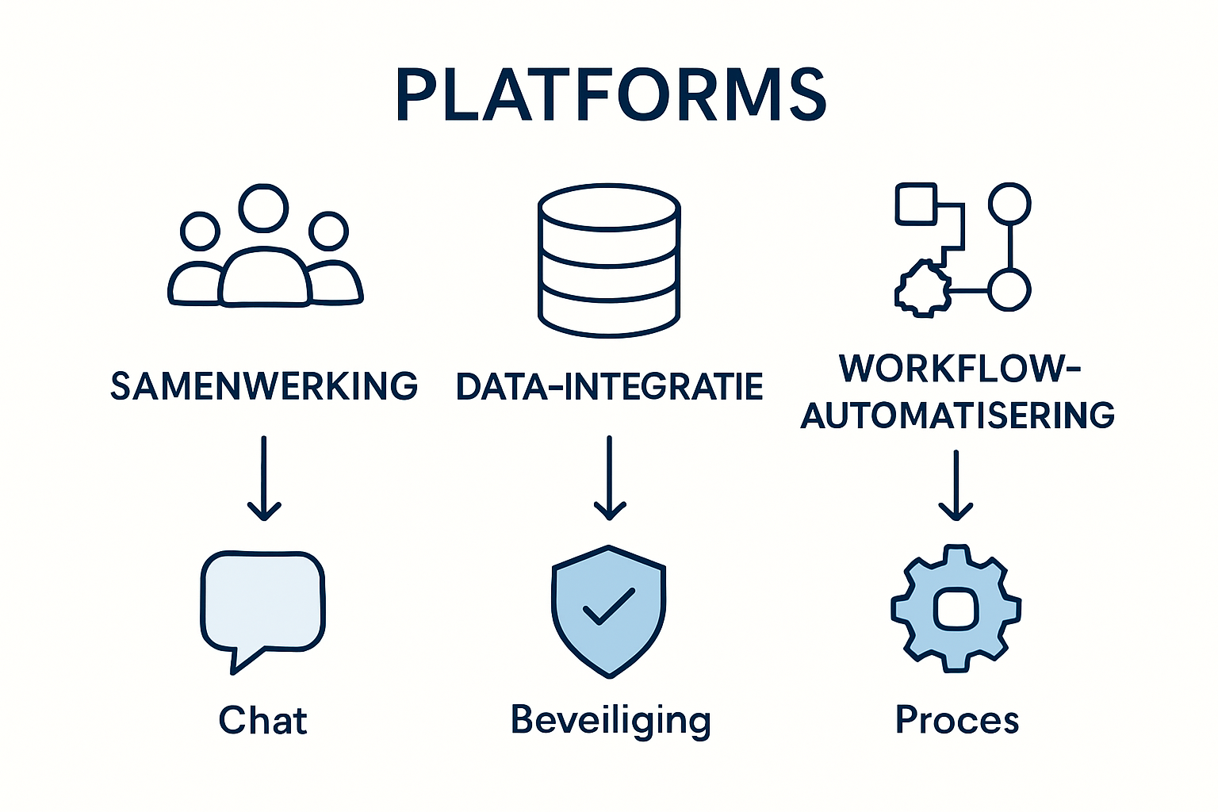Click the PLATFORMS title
click(x=611, y=95)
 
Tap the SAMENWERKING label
click(x=264, y=386)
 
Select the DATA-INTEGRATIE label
click(x=609, y=386)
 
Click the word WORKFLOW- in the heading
click(x=959, y=369)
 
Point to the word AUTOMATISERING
click(x=958, y=416)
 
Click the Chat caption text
click(x=262, y=721)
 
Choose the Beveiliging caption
click(x=611, y=721)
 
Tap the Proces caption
click(x=957, y=721)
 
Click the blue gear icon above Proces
click(x=956, y=608)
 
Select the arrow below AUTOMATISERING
click(x=956, y=485)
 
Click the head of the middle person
click(x=264, y=208)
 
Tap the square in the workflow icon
click(x=916, y=204)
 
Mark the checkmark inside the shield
click(x=609, y=606)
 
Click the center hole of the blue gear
click(x=956, y=609)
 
